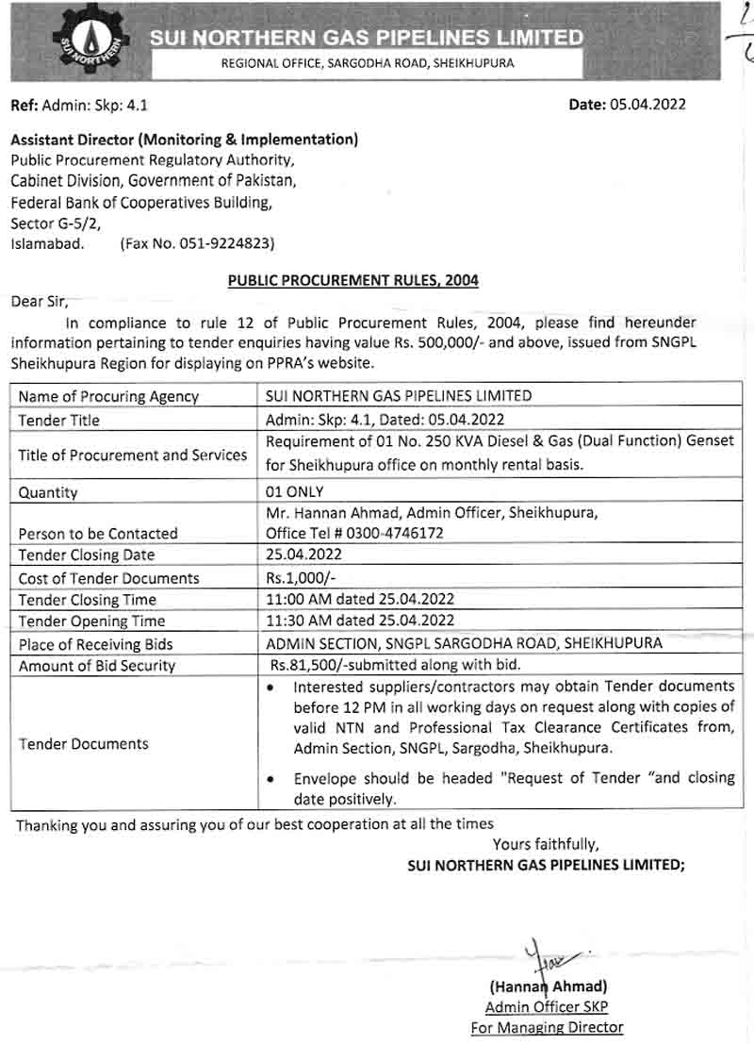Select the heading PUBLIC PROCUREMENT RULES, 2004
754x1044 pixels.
pos(352,280)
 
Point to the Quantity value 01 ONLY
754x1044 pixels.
pos(295,491)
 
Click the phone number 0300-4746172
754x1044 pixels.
pos(387,533)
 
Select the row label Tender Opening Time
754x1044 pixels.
pos(91,621)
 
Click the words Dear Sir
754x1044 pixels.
pos(40,302)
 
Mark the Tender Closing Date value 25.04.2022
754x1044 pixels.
pos(305,555)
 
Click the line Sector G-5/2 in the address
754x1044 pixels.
pos(54,224)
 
